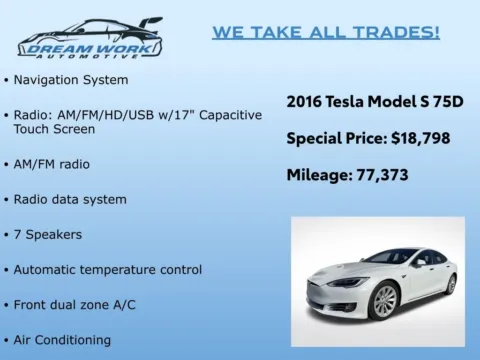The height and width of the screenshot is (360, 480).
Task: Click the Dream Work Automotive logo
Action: [90, 38]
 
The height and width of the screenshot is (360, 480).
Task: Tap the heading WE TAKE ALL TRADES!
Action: [325, 32]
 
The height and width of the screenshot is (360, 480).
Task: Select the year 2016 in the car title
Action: [306, 101]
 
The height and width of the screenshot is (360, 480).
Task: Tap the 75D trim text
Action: [446, 101]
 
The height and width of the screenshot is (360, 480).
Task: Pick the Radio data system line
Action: [70, 199]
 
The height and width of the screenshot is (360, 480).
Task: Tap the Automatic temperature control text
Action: [108, 269]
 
